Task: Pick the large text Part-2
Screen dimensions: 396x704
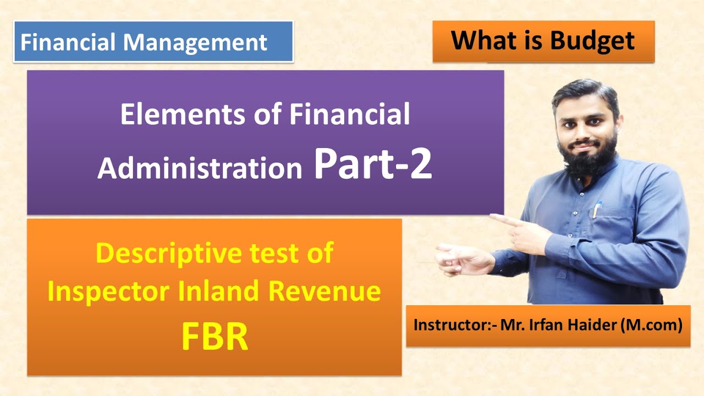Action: click(x=372, y=165)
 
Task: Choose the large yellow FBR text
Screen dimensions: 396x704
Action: click(x=215, y=338)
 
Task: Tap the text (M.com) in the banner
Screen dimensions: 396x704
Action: click(x=651, y=325)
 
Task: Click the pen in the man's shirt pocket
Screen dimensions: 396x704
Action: click(x=597, y=210)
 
